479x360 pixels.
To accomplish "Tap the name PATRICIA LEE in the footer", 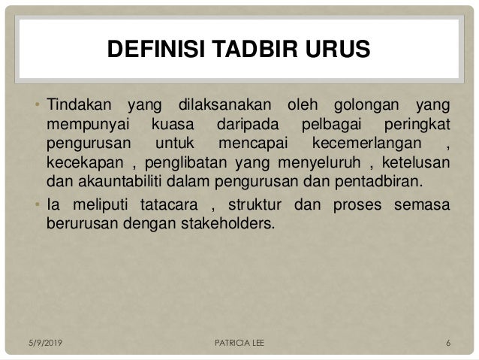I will tap(238, 345).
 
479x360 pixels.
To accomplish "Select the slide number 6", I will tap(448, 345).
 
